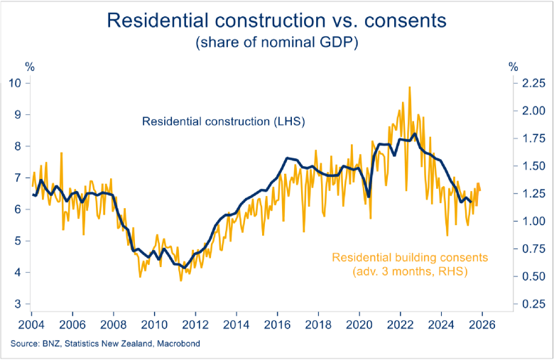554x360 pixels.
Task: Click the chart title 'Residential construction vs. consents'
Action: (276, 21)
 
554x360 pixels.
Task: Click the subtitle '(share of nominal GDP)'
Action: (276, 43)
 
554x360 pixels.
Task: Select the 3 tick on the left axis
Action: (18, 304)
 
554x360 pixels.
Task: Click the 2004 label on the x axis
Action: (31, 324)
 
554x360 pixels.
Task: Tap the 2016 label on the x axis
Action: (277, 324)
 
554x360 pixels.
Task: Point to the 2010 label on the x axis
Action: (154, 324)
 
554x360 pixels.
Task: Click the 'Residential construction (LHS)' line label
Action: (223, 121)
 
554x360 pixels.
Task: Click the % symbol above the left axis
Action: (30, 67)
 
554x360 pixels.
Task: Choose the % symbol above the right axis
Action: (513, 67)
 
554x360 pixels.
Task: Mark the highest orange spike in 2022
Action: (410, 87)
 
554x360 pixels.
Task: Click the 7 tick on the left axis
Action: (18, 178)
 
